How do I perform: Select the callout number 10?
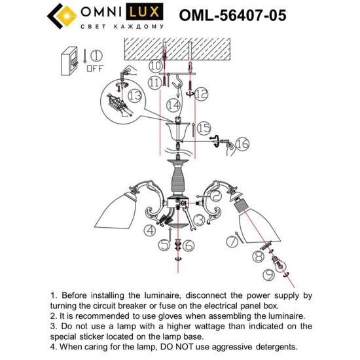click(155, 66)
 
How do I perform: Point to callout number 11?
click(154, 83)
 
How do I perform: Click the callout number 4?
click(151, 230)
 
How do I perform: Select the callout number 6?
click(187, 245)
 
